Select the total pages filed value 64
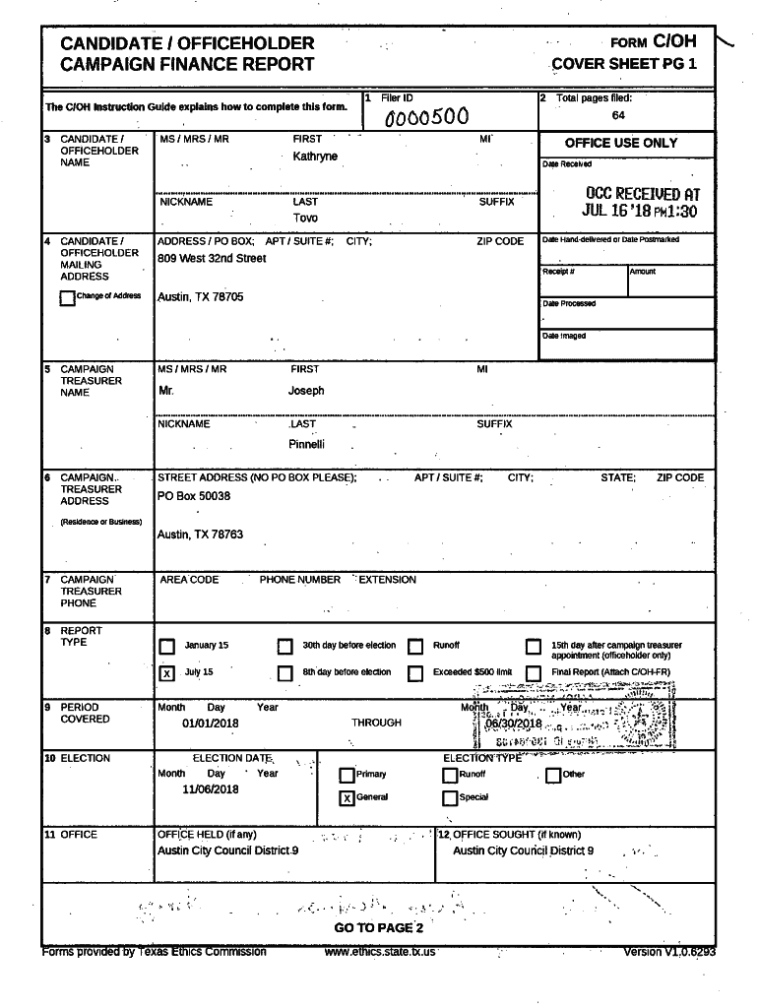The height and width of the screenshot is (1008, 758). [x=617, y=115]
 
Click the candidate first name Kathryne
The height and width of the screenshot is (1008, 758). [x=315, y=157]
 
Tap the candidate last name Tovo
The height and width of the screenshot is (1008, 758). [x=305, y=218]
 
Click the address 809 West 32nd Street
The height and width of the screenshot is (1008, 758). [x=212, y=259]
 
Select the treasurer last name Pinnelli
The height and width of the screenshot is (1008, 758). [x=306, y=444]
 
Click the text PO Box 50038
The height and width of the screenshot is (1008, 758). [x=194, y=496]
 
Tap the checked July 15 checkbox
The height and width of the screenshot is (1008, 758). [x=167, y=673]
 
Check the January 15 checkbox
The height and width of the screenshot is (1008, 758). [x=167, y=647]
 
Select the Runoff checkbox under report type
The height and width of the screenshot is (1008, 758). [x=415, y=647]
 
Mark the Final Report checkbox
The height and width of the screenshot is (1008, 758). [x=534, y=673]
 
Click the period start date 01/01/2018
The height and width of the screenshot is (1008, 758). [x=211, y=724]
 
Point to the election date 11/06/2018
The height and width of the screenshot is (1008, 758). [x=211, y=789]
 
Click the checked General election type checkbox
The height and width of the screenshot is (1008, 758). [x=347, y=797]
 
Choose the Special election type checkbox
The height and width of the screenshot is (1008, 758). [x=450, y=797]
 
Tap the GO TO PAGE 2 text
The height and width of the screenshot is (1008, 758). [x=379, y=928]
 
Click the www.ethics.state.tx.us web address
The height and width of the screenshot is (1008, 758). [x=380, y=952]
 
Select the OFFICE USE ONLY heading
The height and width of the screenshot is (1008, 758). [x=621, y=143]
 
